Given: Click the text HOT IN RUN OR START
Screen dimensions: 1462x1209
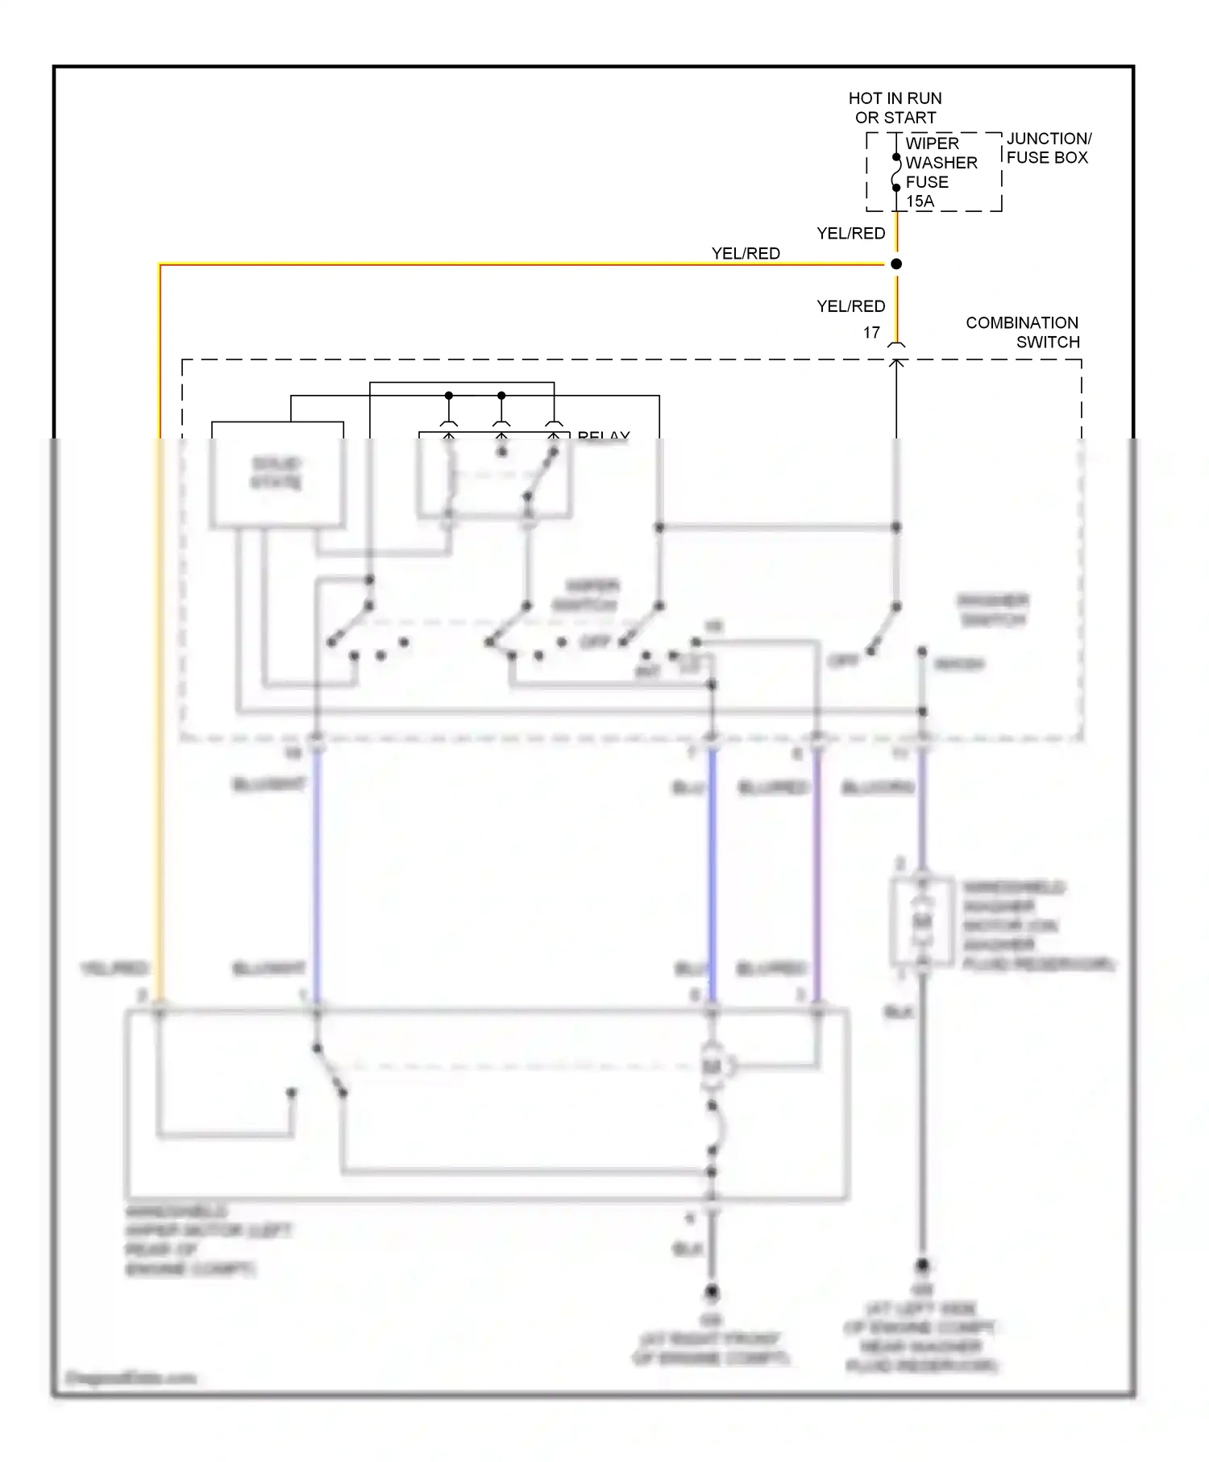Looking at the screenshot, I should (x=895, y=108).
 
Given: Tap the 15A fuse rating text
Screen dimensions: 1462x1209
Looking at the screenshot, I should (x=920, y=201).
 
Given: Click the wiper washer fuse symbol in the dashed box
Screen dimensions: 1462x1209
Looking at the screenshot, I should (x=896, y=172).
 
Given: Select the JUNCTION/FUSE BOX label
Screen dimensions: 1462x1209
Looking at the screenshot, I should (x=1048, y=148).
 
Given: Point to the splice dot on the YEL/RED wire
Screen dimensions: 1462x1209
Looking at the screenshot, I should (x=896, y=264).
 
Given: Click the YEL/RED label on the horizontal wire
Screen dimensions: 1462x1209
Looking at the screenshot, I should (x=746, y=253).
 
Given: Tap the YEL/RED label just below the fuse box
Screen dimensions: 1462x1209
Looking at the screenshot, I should (x=850, y=233).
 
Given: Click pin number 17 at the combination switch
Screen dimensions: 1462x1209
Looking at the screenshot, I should (x=871, y=332).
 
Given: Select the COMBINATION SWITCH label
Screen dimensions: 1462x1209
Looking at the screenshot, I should (x=1022, y=332).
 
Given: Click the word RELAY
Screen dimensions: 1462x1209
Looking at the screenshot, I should (x=603, y=437).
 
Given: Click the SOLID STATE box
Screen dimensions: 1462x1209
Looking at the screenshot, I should (x=276, y=474).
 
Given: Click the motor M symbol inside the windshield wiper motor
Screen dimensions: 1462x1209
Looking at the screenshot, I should (x=712, y=1067).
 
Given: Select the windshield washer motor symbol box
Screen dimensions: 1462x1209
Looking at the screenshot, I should (x=922, y=921).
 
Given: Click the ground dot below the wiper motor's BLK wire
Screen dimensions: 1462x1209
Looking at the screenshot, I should (x=712, y=1292).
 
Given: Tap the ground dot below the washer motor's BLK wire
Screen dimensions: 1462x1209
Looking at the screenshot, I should (x=923, y=1265).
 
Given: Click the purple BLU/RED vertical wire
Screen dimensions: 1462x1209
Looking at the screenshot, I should (x=817, y=870).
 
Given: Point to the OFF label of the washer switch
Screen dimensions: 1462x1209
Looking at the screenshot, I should (x=844, y=661).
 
